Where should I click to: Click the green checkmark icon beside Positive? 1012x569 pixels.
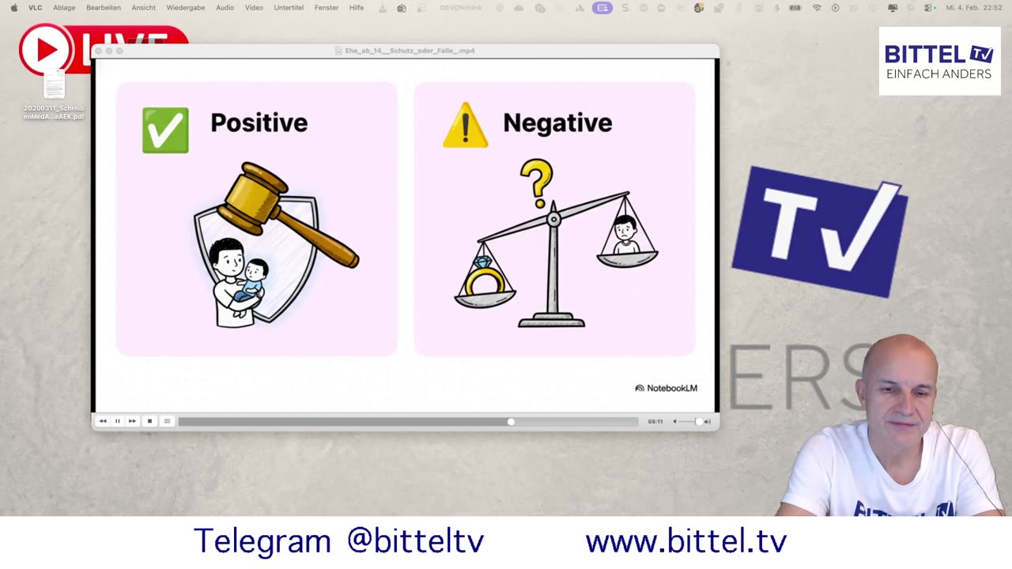coord(165,130)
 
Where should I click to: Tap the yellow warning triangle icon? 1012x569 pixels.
coord(465,126)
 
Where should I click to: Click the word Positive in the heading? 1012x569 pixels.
coord(259,122)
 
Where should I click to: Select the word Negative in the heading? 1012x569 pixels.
coord(557,122)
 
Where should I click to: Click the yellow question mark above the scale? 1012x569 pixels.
coord(537,181)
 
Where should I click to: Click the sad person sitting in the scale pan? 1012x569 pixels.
coord(626,236)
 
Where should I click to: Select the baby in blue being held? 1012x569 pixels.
coord(251,281)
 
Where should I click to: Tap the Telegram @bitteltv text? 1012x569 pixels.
coord(338,541)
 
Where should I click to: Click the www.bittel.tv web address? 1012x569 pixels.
coord(685,541)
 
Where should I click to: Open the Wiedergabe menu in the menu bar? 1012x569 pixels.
coord(185,8)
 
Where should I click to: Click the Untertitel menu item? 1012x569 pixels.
coord(289,8)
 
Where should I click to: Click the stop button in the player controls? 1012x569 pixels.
coord(149,421)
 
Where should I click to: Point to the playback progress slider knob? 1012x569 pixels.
coord(511,421)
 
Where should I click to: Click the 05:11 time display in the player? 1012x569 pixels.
coord(655,421)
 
